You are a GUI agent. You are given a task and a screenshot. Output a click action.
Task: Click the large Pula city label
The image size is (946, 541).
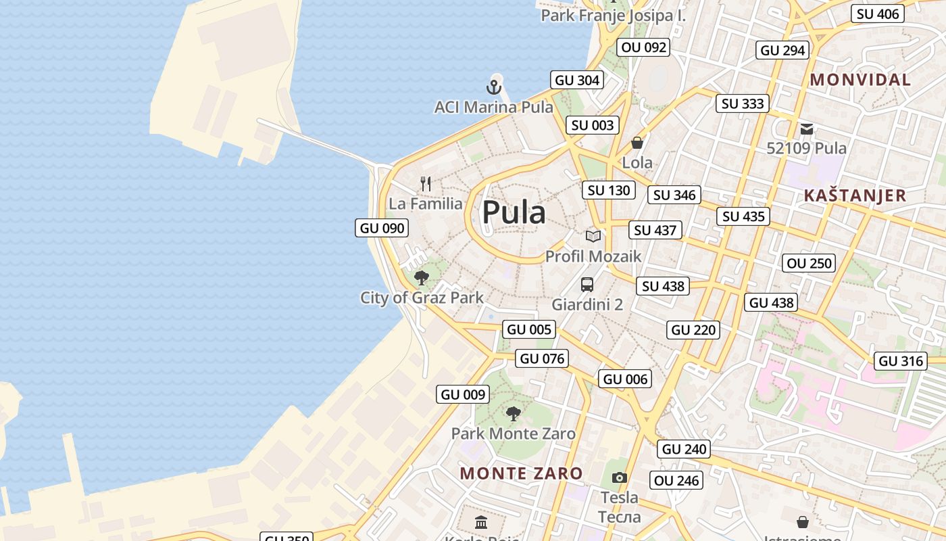tap(514, 212)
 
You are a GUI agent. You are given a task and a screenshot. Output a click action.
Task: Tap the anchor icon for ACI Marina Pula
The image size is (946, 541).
tap(494, 87)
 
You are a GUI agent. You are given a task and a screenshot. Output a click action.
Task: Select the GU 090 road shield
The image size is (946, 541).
tap(382, 228)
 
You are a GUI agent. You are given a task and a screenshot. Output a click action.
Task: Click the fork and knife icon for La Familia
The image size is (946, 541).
tap(426, 183)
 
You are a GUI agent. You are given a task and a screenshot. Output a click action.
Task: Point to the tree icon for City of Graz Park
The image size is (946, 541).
tap(422, 277)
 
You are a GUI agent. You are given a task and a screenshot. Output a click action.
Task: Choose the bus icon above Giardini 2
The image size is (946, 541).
tap(587, 285)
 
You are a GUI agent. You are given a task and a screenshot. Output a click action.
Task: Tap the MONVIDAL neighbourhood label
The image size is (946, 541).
tap(860, 80)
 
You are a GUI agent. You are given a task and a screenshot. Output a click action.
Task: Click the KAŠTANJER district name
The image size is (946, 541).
tap(855, 195)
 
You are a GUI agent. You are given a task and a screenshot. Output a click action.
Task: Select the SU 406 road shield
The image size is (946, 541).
tap(878, 14)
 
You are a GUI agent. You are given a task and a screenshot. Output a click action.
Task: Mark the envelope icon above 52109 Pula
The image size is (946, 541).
tap(806, 128)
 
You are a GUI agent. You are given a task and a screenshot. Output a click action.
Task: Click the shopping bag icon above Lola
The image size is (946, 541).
tap(637, 143)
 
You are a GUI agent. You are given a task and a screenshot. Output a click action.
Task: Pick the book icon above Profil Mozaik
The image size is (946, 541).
tap(593, 236)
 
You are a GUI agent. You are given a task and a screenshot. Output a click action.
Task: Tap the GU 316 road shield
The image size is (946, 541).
tap(901, 361)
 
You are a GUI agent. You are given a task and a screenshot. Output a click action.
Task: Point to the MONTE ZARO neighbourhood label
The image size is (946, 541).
tap(521, 473)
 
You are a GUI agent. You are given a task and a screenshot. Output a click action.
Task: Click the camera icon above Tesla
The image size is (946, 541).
tap(620, 478)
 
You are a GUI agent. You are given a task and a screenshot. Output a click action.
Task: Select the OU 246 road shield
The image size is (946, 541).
tap(677, 480)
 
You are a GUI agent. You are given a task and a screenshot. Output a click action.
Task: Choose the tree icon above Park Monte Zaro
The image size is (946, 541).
tap(514, 413)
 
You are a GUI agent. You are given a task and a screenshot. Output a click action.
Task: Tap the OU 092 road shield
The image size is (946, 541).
tap(644, 47)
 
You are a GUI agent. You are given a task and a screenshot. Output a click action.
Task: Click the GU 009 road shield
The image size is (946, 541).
tap(463, 394)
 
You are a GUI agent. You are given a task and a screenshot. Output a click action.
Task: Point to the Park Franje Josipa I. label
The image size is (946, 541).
tap(613, 16)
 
